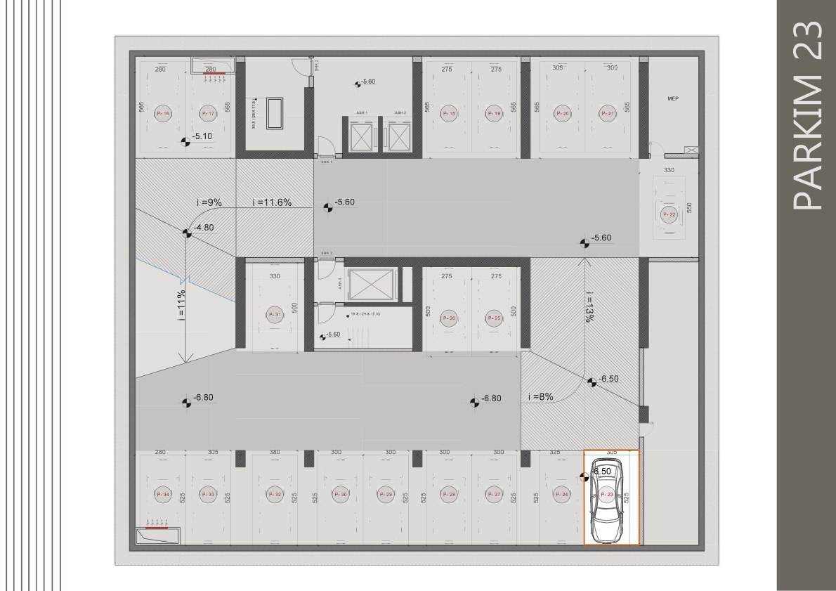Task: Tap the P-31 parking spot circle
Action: [275, 316]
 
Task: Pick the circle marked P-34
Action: [162, 494]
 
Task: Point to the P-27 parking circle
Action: [493, 494]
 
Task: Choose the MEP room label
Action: [673, 99]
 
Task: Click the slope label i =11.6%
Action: [271, 202]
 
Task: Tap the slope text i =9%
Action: [209, 202]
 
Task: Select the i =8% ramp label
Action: [540, 396]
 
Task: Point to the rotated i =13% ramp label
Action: [589, 306]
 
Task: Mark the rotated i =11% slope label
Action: [181, 305]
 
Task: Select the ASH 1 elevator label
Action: [362, 112]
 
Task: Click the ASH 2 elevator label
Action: [400, 112]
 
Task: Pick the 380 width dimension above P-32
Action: [275, 452]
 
